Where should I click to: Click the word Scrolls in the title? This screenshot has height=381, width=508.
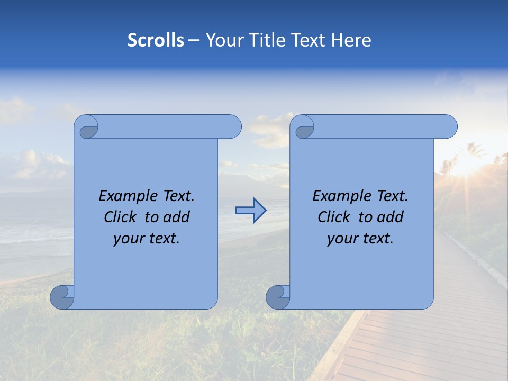pyautogui.click(x=156, y=40)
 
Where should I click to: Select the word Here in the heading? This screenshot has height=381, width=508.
pyautogui.click(x=351, y=40)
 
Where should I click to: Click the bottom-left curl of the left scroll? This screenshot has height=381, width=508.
pyautogui.click(x=61, y=297)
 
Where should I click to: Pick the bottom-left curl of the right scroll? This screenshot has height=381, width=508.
pyautogui.click(x=277, y=297)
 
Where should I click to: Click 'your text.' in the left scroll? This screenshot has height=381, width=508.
pyautogui.click(x=147, y=238)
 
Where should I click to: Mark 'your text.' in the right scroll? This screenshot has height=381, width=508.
pyautogui.click(x=360, y=238)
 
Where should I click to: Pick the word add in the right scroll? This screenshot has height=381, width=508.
pyautogui.click(x=392, y=217)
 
